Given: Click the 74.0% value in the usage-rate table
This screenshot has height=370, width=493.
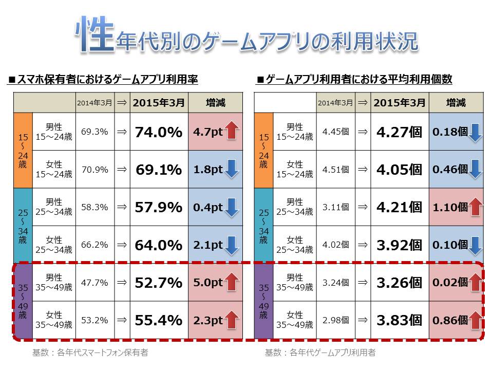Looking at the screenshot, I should pos(159,132).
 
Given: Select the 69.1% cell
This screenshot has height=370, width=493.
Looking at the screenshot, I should pos(159,170).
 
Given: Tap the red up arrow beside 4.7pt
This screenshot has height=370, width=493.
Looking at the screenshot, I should pos(232,132).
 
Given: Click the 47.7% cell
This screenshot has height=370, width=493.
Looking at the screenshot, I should pos(94,283).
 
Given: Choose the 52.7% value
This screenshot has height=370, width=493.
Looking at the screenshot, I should pos(159,283).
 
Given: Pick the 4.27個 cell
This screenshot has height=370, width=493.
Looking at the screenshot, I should pos(399,132).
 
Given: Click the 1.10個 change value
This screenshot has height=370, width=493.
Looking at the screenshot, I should pos(450,208).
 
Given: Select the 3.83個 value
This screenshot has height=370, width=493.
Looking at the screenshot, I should pos(399,320).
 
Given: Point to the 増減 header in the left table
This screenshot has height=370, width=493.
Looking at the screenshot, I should pos(215,103).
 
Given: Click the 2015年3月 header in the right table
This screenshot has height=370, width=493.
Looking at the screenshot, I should pos(399,103).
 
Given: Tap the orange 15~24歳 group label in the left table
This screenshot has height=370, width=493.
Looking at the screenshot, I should pos(23,151).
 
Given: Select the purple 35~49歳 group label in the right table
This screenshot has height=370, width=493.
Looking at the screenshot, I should pos(263,301).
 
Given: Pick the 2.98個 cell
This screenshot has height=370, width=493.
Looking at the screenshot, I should pos(335,320).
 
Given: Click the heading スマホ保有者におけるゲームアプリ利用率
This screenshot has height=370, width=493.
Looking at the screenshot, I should pos(103,80).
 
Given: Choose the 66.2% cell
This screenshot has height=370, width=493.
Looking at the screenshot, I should pos(94,245).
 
